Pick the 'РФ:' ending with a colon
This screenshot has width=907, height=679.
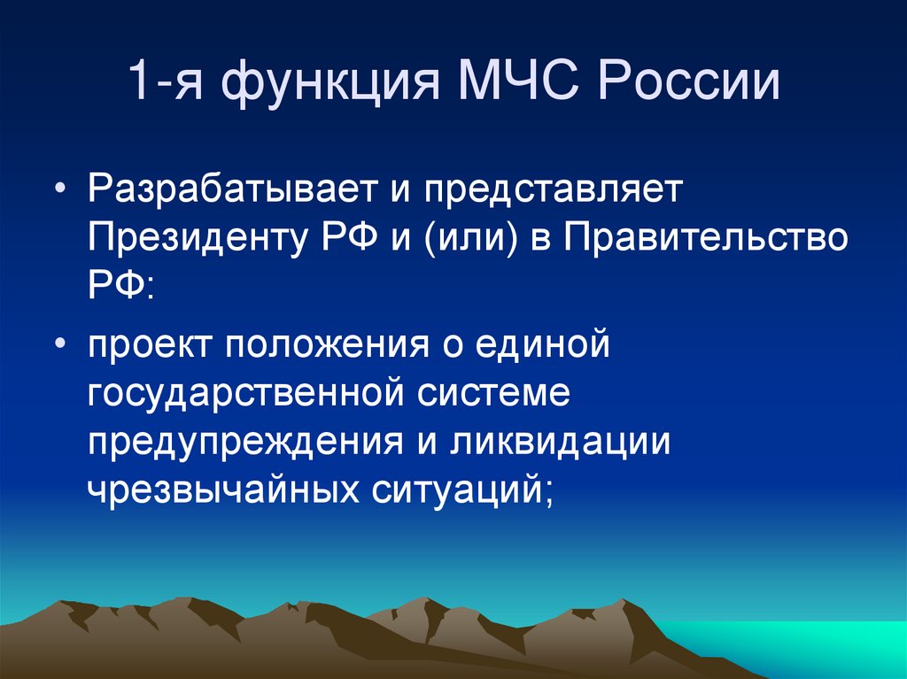point(121,286)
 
